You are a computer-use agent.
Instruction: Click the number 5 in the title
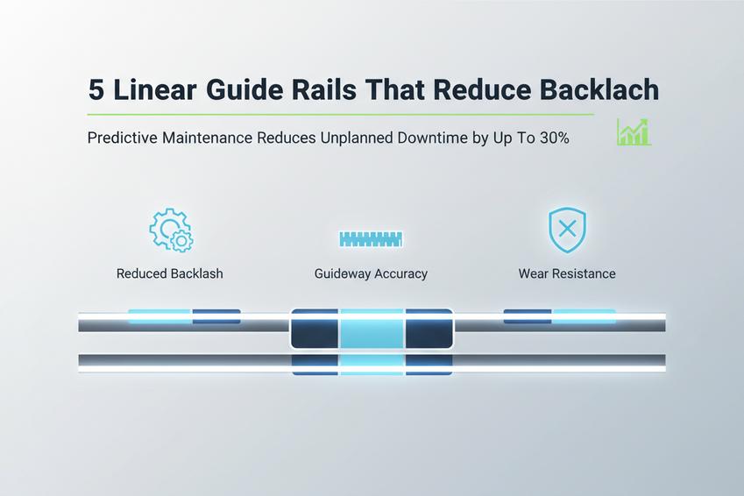97,91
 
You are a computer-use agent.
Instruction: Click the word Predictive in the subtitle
121,138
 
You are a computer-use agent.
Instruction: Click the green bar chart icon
634,132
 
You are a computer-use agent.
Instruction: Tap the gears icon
171,230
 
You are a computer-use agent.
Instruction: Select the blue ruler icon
371,238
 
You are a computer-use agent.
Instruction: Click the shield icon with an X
566,230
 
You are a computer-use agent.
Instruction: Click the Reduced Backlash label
170,273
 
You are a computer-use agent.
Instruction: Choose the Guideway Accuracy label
371,273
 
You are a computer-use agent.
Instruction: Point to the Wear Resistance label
567,273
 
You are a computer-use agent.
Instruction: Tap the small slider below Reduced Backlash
184,316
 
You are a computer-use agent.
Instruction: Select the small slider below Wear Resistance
559,316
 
